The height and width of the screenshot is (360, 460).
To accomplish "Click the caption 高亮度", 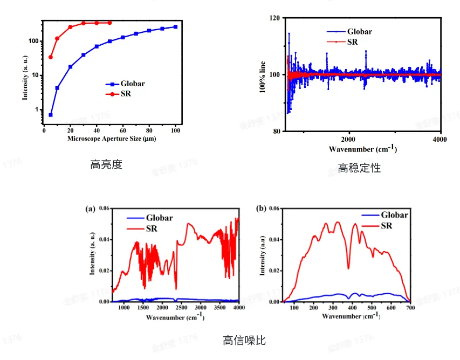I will click(x=106, y=165).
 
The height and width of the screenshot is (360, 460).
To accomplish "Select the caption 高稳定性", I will click(x=359, y=168).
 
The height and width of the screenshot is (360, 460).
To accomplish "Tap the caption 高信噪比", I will click(x=244, y=341).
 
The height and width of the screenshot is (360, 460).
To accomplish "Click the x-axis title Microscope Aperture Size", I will click(x=112, y=139).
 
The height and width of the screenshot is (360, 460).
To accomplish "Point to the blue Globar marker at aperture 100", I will click(x=175, y=27).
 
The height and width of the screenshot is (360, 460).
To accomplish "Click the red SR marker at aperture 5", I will click(x=51, y=57).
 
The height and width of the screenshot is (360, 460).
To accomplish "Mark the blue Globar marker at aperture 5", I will click(x=51, y=115).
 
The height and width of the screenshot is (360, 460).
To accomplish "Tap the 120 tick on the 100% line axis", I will click(x=274, y=18).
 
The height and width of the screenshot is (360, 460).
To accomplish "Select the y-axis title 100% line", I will click(x=263, y=74).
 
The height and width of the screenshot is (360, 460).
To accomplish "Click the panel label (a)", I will click(x=90, y=208).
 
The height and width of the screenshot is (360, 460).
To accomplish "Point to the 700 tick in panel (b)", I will click(x=410, y=309).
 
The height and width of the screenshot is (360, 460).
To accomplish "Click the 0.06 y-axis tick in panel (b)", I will click(x=274, y=208).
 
